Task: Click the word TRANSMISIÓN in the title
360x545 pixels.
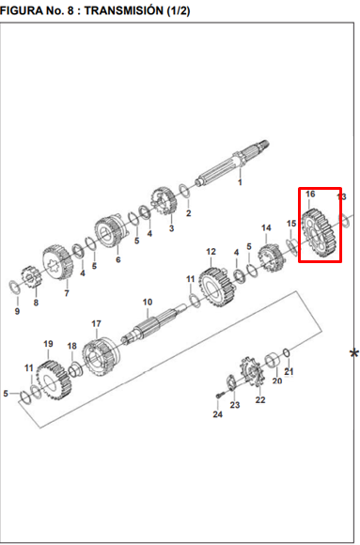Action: [123, 10]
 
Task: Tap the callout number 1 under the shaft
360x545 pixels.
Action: [240, 181]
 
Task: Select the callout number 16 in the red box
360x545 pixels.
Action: [310, 194]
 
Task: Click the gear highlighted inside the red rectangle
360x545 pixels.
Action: [320, 233]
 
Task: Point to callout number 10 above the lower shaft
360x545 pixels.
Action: [148, 302]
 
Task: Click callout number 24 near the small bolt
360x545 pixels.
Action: [218, 414]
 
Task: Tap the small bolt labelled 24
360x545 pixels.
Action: [218, 396]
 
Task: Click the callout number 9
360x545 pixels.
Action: [17, 311]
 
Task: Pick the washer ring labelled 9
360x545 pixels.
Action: [15, 287]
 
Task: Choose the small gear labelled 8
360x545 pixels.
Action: [31, 277]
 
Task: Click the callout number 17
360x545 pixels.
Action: [97, 323]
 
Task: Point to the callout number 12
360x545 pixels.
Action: [211, 251]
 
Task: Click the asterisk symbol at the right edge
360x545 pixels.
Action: [354, 354]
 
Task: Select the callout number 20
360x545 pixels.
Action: [277, 381]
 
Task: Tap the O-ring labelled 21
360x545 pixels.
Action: [287, 353]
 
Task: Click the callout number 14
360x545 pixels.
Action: [266, 228]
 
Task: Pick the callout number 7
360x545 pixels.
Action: [67, 293]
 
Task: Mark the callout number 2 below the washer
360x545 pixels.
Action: [189, 212]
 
